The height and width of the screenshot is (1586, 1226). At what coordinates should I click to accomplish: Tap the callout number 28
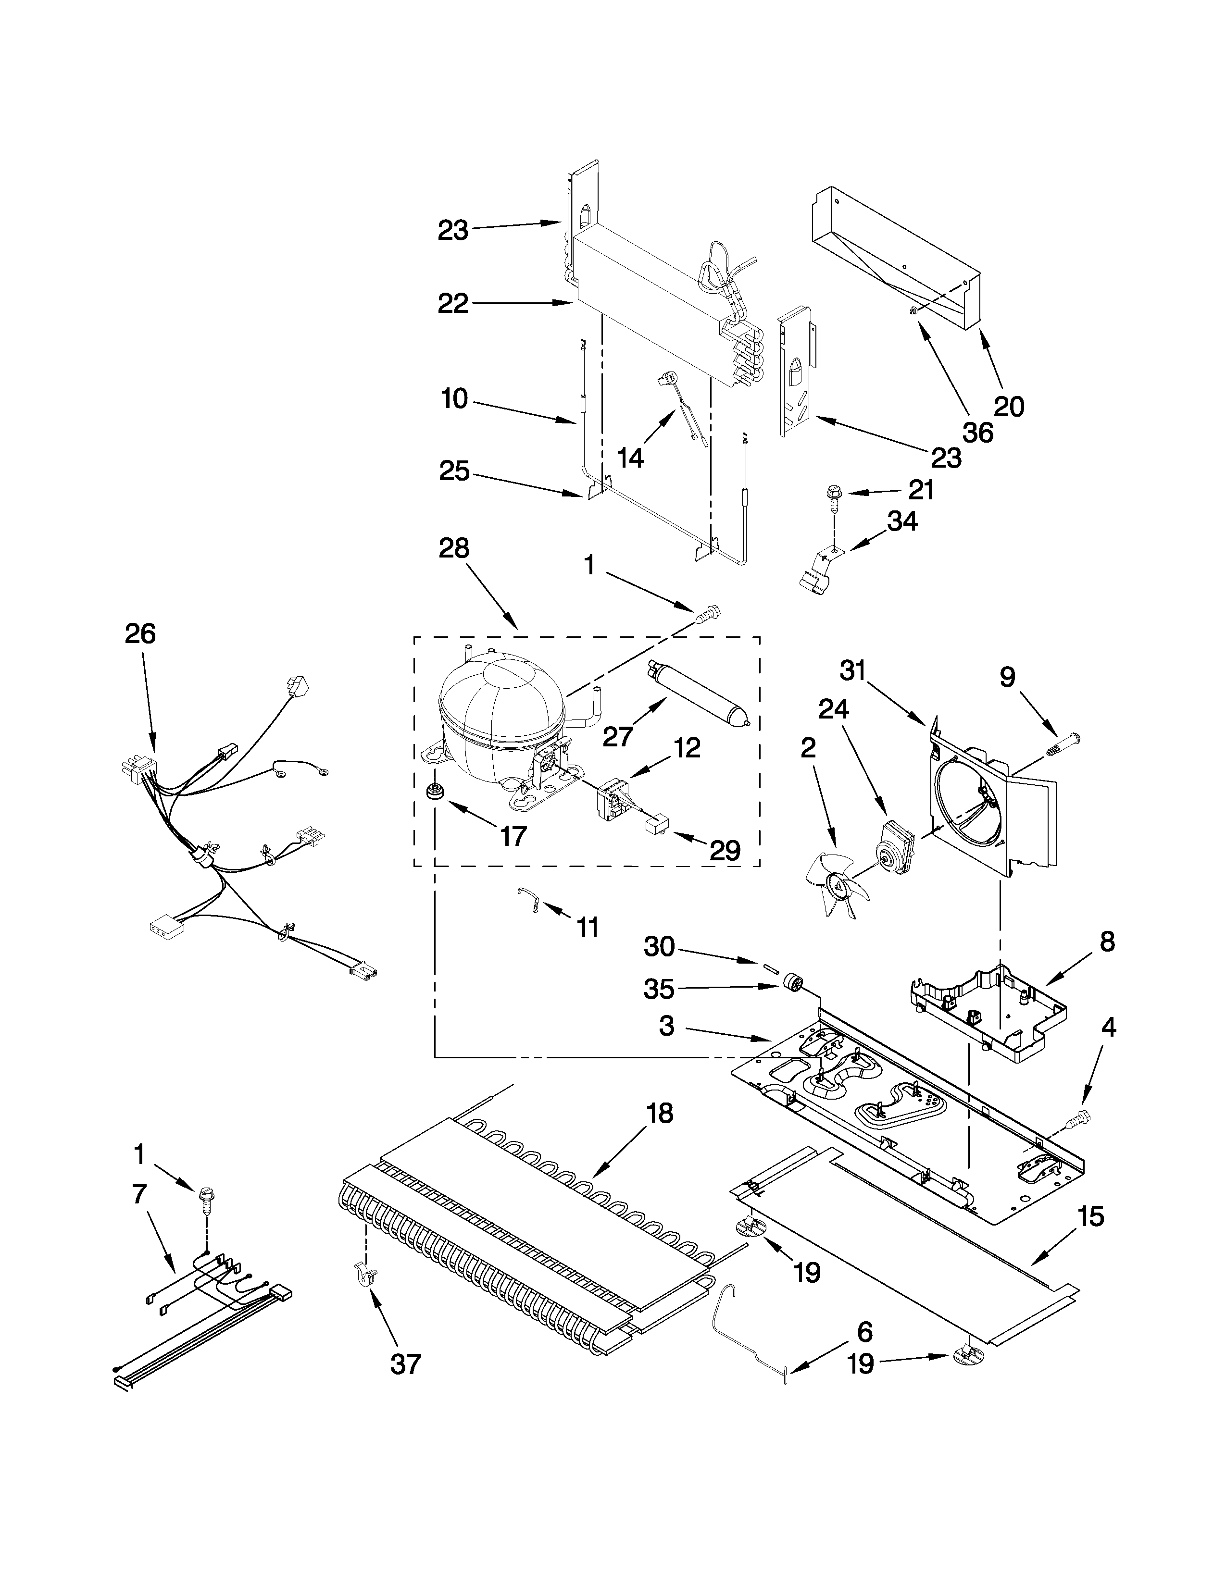pyautogui.click(x=454, y=548)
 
